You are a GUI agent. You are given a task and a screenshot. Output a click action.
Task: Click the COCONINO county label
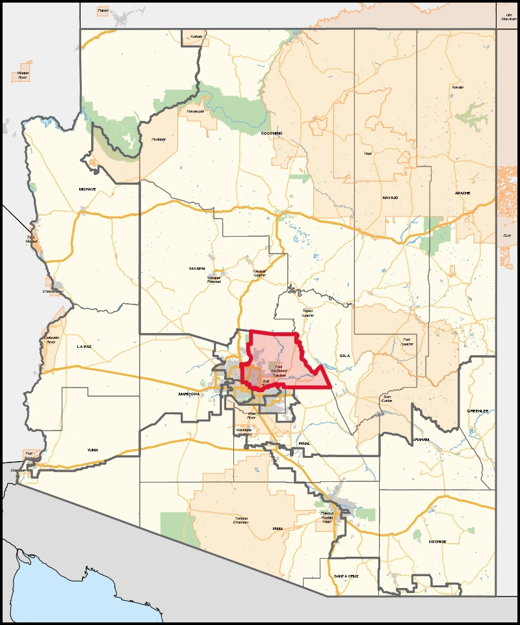click(x=270, y=133)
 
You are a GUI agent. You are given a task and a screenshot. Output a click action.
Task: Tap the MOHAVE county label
click(x=87, y=189)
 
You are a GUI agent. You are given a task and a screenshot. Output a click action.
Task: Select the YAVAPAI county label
click(x=197, y=268)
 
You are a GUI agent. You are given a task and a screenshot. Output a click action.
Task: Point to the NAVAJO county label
click(x=390, y=197)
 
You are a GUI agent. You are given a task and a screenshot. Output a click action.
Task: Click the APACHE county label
click(x=462, y=193)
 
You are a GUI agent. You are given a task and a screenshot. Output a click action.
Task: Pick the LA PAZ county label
click(x=84, y=347)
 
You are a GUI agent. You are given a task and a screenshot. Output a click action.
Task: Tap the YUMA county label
click(x=93, y=449)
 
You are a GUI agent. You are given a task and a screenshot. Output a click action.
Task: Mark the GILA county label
click(x=344, y=356)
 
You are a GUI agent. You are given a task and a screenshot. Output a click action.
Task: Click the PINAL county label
click(x=304, y=444)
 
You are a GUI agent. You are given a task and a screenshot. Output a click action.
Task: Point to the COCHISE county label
click(x=437, y=541)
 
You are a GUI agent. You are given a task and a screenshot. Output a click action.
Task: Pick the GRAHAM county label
click(x=421, y=440)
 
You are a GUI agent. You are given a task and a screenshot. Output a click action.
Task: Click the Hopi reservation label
click(x=367, y=153)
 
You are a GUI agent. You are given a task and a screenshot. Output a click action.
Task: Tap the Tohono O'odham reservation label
click(x=241, y=520)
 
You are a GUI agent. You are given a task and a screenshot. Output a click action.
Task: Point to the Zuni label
click(x=507, y=235)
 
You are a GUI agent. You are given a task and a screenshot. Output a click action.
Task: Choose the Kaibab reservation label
click(x=197, y=36)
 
